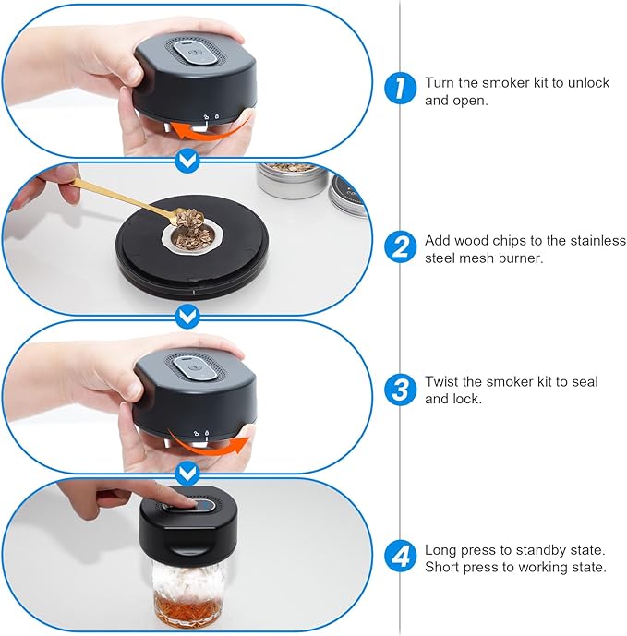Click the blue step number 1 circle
400,88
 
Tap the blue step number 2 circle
400,246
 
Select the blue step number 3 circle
400,390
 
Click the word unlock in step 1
588,83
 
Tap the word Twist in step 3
441,381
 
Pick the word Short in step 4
442,567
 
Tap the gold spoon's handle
122,198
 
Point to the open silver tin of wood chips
292,180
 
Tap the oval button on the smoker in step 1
195,53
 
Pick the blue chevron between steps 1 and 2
187,162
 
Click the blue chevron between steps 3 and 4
187,474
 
